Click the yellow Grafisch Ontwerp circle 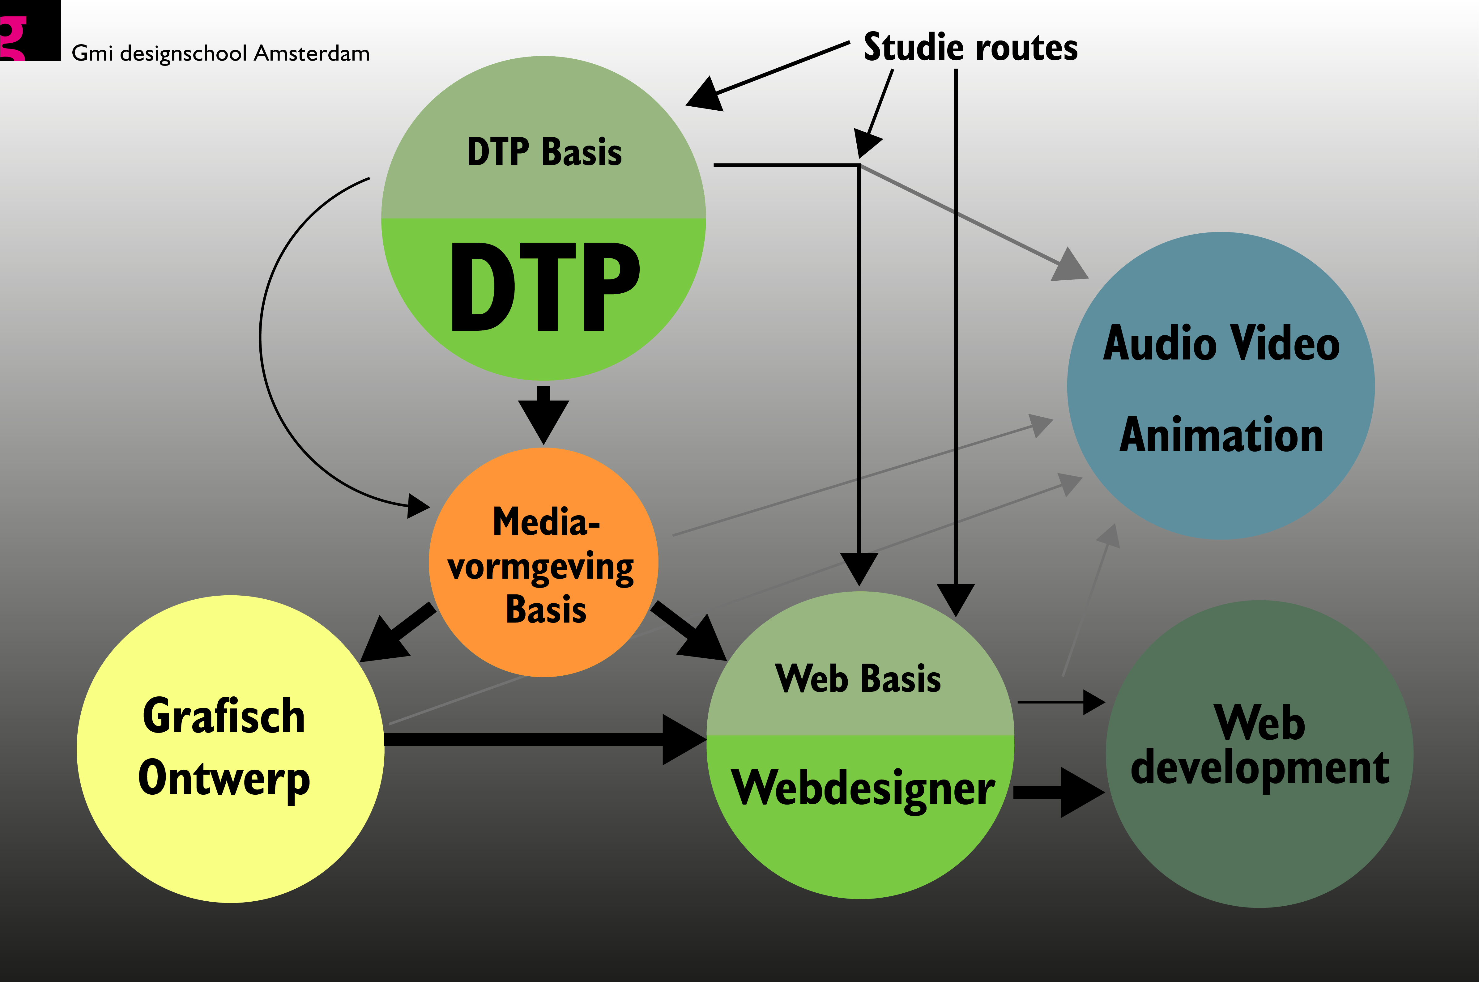[231, 749]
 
